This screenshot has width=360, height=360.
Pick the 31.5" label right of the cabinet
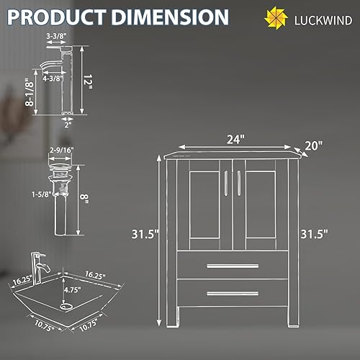tap(315, 233)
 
